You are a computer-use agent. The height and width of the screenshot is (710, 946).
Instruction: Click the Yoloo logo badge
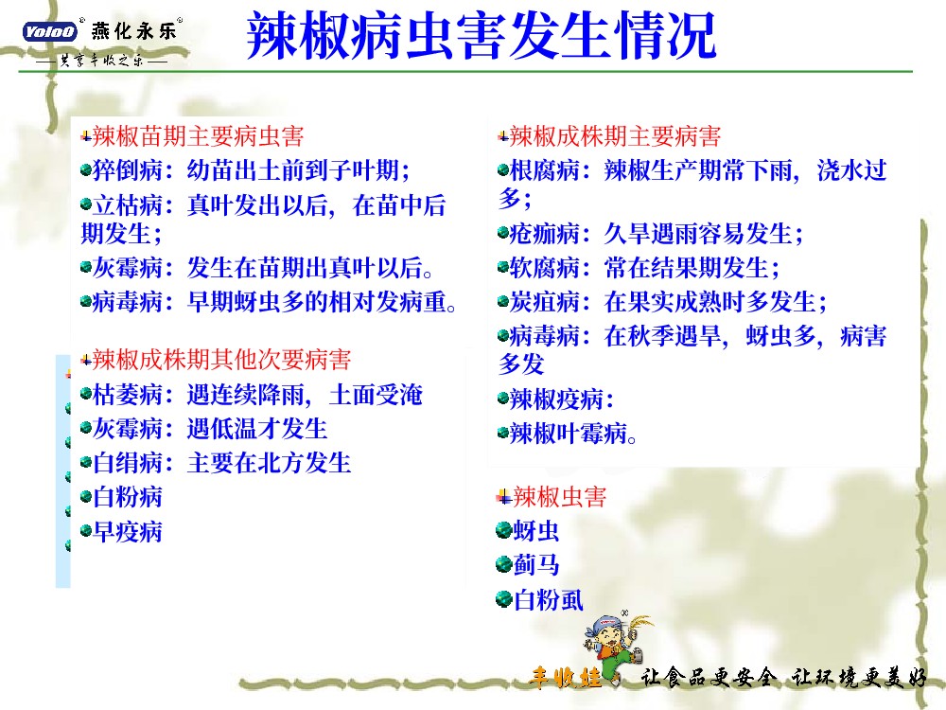point(50,31)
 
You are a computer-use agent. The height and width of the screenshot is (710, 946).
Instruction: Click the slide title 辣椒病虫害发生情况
point(481,36)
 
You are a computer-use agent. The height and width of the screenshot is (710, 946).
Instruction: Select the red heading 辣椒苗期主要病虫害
point(198,136)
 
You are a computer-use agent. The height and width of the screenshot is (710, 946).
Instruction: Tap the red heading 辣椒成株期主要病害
point(615,136)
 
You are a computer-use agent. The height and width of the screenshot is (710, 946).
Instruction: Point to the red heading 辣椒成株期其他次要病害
point(221,360)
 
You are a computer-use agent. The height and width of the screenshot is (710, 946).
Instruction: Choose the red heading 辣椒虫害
point(560,497)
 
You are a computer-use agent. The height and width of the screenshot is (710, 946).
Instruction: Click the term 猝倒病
point(128,170)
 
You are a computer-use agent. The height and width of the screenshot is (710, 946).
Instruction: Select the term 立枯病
point(128,205)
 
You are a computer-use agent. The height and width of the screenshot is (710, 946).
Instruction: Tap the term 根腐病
point(545,170)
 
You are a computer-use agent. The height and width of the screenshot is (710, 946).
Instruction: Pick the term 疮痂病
point(545,234)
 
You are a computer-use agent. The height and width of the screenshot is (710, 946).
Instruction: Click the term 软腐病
point(545,268)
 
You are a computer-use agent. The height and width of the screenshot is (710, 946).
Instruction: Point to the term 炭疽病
point(545,302)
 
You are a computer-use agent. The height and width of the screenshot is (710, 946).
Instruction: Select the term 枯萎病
point(128,395)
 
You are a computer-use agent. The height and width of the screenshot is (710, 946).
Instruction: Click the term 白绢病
point(128,463)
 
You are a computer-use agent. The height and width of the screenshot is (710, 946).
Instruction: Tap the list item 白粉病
point(128,498)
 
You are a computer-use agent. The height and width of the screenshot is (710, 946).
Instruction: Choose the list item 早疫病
point(128,532)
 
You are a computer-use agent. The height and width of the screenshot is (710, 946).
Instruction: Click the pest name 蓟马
point(536,565)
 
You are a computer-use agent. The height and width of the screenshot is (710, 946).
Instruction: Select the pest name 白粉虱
point(549,600)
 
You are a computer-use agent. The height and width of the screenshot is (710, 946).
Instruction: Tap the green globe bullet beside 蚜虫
point(504,531)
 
